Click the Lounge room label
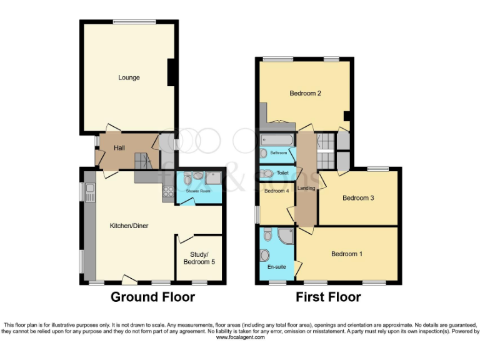click(129, 77)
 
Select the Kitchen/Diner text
click(129, 226)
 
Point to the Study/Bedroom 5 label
click(199, 257)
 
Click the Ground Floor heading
click(152, 297)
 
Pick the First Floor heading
click(328, 297)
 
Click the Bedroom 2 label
click(305, 94)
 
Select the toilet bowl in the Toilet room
click(267, 174)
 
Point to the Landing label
click(306, 189)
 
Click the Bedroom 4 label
click(276, 191)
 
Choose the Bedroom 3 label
click(358, 198)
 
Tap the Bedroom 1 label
click(346, 254)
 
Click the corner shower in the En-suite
click(285, 236)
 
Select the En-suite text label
click(276, 267)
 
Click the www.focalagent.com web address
click(241, 337)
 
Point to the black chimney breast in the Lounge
click(170, 72)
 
